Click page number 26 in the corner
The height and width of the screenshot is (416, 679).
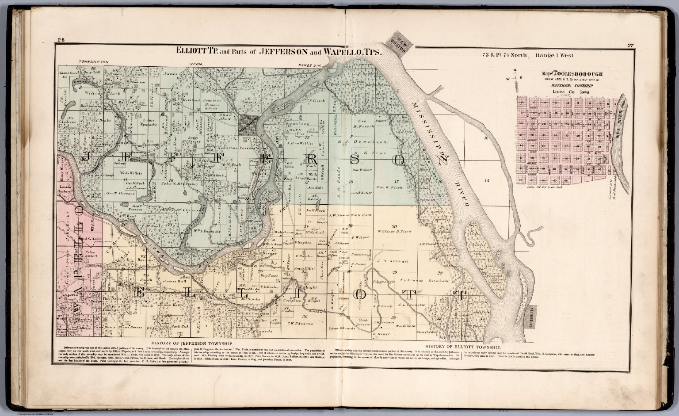(61, 41)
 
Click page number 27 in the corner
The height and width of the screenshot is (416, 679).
(629, 45)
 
